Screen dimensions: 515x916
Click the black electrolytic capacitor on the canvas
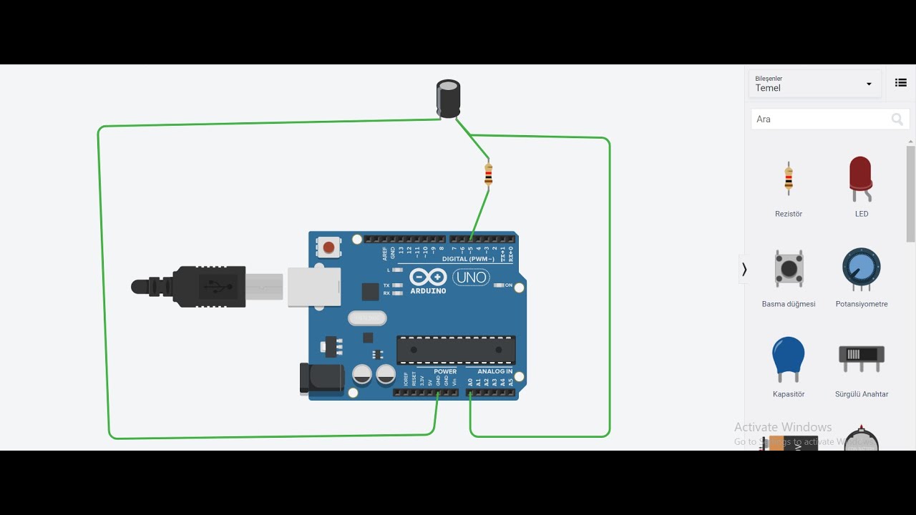(449, 99)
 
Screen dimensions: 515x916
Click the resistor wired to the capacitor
(488, 174)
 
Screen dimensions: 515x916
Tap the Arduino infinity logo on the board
(428, 278)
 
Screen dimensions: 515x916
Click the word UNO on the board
(471, 278)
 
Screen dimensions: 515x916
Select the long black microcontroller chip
(456, 350)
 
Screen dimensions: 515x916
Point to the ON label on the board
(509, 285)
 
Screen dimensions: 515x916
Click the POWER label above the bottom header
(445, 372)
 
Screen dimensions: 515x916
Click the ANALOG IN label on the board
(495, 372)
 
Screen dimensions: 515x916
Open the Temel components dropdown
(814, 84)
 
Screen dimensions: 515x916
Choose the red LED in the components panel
(861, 177)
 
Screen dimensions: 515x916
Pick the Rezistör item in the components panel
(789, 179)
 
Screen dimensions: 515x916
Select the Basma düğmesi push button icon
(789, 269)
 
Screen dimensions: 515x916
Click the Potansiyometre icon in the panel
(861, 269)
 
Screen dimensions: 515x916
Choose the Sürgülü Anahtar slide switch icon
(861, 356)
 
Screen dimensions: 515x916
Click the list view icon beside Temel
(901, 83)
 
